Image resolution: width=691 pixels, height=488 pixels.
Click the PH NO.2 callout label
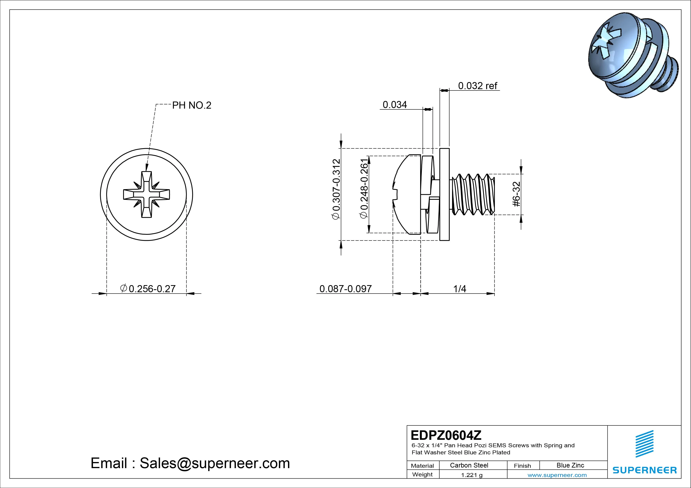191,105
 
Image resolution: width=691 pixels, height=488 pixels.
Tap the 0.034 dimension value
395,105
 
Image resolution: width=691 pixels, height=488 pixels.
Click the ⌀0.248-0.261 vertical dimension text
364,189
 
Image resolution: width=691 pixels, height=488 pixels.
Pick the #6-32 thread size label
516,194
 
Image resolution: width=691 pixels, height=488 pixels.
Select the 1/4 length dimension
460,289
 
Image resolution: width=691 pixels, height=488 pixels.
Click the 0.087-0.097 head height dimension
345,289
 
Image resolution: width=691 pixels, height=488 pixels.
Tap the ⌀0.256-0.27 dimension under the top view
148,289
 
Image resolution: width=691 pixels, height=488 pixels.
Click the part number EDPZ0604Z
446,435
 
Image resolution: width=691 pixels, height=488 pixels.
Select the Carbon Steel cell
469,465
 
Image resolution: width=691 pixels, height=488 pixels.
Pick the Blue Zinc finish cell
570,465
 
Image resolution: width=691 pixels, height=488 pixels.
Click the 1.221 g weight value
472,475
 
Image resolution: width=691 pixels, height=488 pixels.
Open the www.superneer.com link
557,475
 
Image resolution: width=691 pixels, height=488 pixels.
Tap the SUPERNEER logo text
644,470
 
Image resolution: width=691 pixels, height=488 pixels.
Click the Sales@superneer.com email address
215,463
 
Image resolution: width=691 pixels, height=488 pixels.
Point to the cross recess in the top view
147,194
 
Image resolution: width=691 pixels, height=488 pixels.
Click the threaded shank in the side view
473,194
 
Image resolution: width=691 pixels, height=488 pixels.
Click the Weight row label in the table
422,474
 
